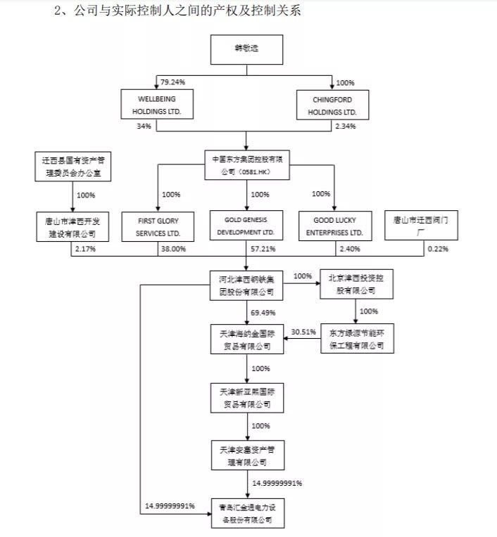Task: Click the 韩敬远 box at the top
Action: point(246,52)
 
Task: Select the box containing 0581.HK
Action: point(246,163)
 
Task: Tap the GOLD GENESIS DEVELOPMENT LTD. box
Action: point(246,226)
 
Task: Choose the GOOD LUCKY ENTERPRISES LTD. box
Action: point(334,226)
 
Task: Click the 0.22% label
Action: point(436,249)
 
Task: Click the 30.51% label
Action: point(303,332)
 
